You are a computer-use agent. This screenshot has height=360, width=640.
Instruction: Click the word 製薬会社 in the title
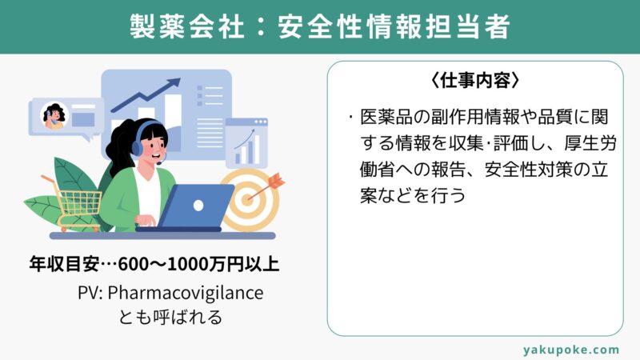[x=187, y=27]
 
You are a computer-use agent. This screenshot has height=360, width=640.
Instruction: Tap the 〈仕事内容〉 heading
[x=475, y=81]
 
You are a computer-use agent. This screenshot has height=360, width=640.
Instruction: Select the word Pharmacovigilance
[x=186, y=294]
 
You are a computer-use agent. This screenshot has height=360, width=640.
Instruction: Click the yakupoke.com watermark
[x=570, y=350]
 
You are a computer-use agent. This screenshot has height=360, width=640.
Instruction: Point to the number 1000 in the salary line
[x=188, y=264]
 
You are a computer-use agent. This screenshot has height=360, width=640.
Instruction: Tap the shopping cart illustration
[x=74, y=203]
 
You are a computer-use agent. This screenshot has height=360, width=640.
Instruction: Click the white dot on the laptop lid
[x=198, y=206]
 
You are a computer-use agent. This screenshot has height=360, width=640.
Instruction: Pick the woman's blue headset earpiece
[x=138, y=148]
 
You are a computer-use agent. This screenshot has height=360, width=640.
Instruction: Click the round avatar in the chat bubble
[x=54, y=115]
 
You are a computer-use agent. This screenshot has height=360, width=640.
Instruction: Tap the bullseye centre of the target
[x=247, y=199]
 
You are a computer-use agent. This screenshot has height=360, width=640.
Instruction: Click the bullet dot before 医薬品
[x=350, y=118]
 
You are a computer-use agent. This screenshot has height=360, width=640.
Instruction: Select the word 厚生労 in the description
[x=590, y=144]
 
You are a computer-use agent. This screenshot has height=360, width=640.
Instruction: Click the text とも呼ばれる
[x=170, y=317]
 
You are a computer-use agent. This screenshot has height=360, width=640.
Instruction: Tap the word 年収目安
[x=64, y=264]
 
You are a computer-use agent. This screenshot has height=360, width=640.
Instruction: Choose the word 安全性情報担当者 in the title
[x=394, y=27]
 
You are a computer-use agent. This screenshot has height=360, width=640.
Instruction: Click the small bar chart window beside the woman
[x=246, y=143]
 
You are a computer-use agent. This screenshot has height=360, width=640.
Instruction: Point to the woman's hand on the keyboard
[x=146, y=221]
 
